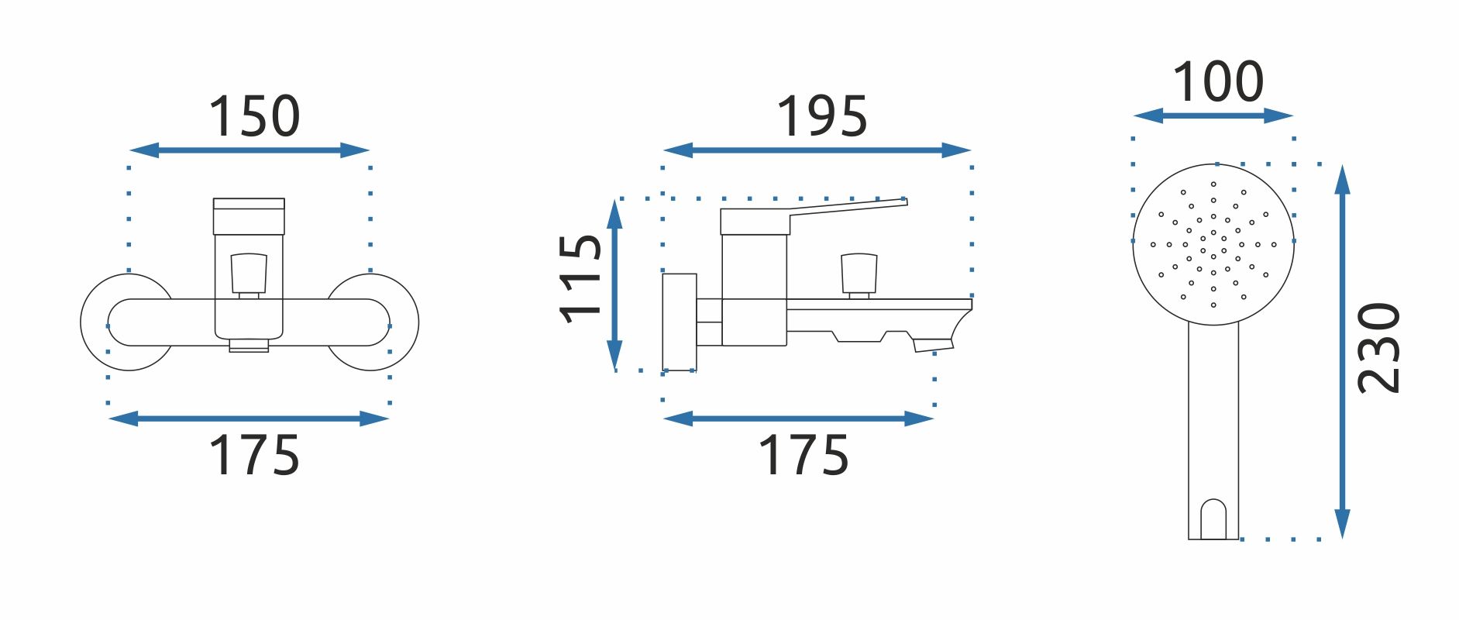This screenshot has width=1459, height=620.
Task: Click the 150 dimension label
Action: [254, 117]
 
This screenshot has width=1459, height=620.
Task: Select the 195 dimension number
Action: [822, 117]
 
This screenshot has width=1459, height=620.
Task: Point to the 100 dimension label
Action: [1218, 81]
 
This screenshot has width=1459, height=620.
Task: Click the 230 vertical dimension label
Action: [1379, 348]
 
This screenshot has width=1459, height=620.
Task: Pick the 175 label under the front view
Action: [254, 455]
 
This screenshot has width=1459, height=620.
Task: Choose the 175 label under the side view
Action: [803, 455]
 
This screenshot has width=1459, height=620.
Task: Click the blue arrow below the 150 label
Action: [249, 150]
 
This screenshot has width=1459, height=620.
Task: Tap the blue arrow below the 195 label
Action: [817, 150]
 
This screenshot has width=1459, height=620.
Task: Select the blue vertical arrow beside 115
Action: [614, 284]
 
